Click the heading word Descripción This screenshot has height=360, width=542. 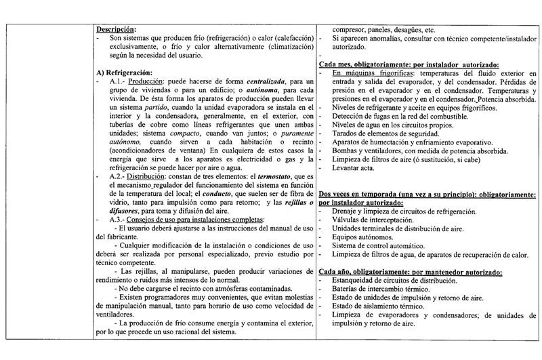[116, 29]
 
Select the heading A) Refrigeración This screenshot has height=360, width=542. [124, 73]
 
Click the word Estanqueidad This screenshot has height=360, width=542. [355, 279]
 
